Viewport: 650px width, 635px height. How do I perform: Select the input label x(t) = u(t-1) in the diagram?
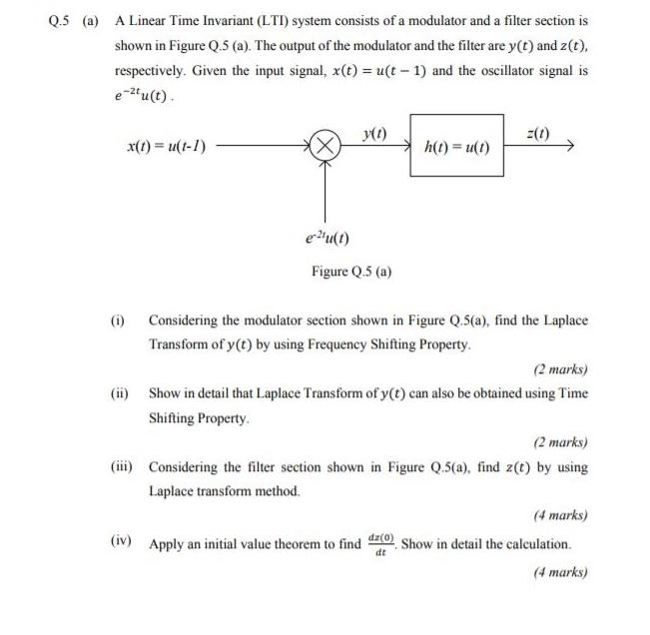pyautogui.click(x=168, y=147)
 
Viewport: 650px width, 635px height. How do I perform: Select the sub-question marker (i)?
pyautogui.click(x=118, y=320)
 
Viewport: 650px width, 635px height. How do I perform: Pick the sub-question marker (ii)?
pyautogui.click(x=120, y=393)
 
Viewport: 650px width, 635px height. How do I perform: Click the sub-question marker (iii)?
pyautogui.click(x=122, y=466)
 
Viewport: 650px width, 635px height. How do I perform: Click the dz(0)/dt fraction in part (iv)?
pyautogui.click(x=380, y=544)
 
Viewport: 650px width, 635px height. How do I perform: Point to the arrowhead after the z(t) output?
pyautogui.click(x=571, y=147)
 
